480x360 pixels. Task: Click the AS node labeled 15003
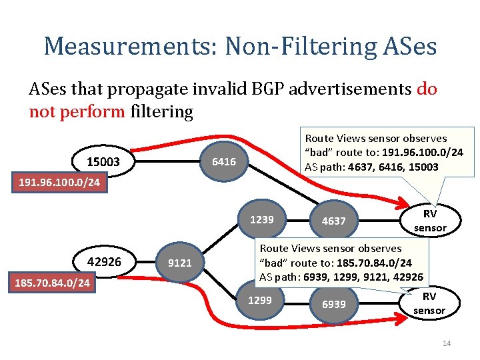103,162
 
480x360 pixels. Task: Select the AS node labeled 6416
223,161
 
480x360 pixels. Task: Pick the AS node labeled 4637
333,221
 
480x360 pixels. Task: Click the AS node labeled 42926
104,262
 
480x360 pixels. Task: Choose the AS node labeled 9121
179,263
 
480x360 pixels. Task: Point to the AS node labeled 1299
259,301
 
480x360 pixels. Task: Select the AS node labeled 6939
333,304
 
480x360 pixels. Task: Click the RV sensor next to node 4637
430,221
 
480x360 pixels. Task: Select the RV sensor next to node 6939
429,303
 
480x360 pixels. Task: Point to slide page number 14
446,343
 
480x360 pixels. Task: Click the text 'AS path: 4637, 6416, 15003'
371,167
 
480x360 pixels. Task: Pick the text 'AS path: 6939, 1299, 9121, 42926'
341,277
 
